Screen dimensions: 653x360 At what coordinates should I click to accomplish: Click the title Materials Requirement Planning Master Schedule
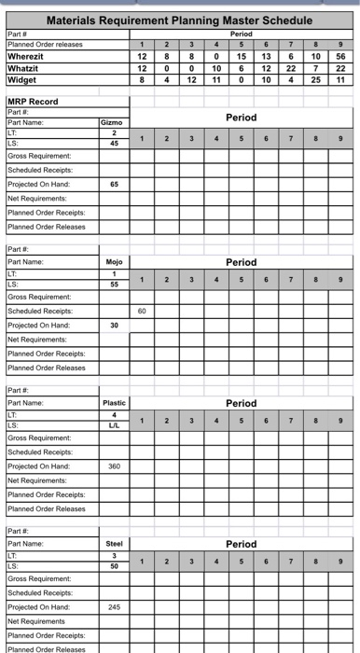pyautogui.click(x=179, y=20)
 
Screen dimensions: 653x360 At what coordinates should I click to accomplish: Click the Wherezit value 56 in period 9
pyautogui.click(x=341, y=56)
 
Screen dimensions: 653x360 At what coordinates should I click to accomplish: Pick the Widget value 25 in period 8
pyautogui.click(x=317, y=80)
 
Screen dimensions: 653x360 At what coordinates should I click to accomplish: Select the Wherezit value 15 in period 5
pyautogui.click(x=242, y=56)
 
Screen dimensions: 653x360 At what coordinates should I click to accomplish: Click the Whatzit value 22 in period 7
pyautogui.click(x=292, y=68)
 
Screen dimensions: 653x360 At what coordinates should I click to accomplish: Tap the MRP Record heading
pyautogui.click(x=33, y=102)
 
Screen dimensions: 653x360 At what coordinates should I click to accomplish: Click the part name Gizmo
pyautogui.click(x=114, y=122)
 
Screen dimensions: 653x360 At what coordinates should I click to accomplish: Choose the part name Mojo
pyautogui.click(x=114, y=262)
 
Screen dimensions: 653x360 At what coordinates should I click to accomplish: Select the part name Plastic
pyautogui.click(x=114, y=402)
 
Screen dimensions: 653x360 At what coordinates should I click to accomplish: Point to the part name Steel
pyautogui.click(x=114, y=542)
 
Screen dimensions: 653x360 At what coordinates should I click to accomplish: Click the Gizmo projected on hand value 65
pyautogui.click(x=114, y=185)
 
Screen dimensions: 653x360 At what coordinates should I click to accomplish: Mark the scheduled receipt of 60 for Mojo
pyautogui.click(x=142, y=311)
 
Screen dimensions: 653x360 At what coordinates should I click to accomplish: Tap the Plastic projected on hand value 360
pyautogui.click(x=114, y=465)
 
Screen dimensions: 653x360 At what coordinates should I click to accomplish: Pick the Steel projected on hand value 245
pyautogui.click(x=114, y=605)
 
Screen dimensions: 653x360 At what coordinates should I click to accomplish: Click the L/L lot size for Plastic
pyautogui.click(x=114, y=424)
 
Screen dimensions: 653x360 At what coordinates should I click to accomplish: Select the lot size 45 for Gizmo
pyautogui.click(x=114, y=144)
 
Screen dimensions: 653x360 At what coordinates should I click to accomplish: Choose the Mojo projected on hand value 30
pyautogui.click(x=114, y=325)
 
